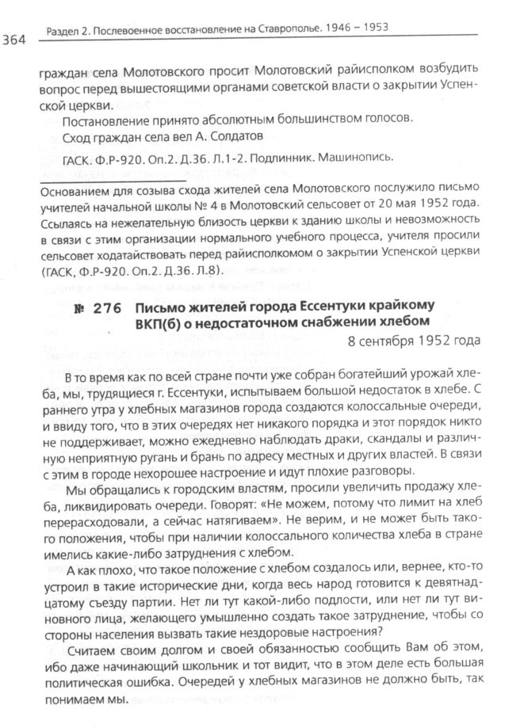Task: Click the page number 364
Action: tap(17, 37)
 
